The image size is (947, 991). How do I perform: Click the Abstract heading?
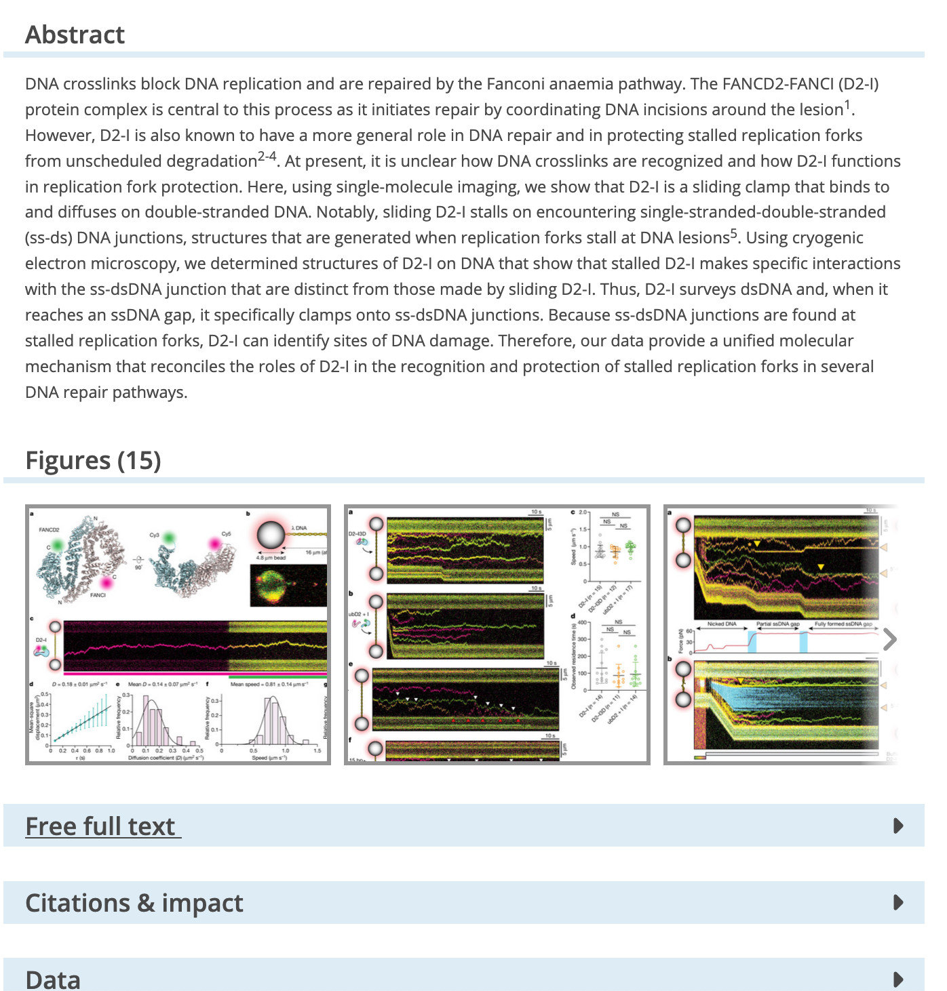(x=75, y=35)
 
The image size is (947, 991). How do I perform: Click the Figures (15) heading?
(x=93, y=460)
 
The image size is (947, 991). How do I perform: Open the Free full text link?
(x=102, y=826)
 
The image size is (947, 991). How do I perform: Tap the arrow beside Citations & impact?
(x=898, y=902)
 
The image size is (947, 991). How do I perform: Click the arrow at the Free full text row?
(x=898, y=826)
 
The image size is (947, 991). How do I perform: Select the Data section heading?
(x=53, y=979)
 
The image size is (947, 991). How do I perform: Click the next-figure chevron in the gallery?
(x=890, y=639)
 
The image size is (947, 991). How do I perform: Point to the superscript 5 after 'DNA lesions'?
(x=734, y=234)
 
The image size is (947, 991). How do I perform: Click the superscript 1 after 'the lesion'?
(x=847, y=105)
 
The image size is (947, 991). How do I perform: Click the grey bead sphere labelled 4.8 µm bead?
(x=270, y=535)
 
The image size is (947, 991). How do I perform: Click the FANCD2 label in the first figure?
(x=50, y=529)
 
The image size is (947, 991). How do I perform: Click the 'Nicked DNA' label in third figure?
(x=722, y=624)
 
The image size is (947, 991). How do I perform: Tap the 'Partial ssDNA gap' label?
(x=777, y=624)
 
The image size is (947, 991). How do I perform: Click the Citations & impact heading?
(x=134, y=903)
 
